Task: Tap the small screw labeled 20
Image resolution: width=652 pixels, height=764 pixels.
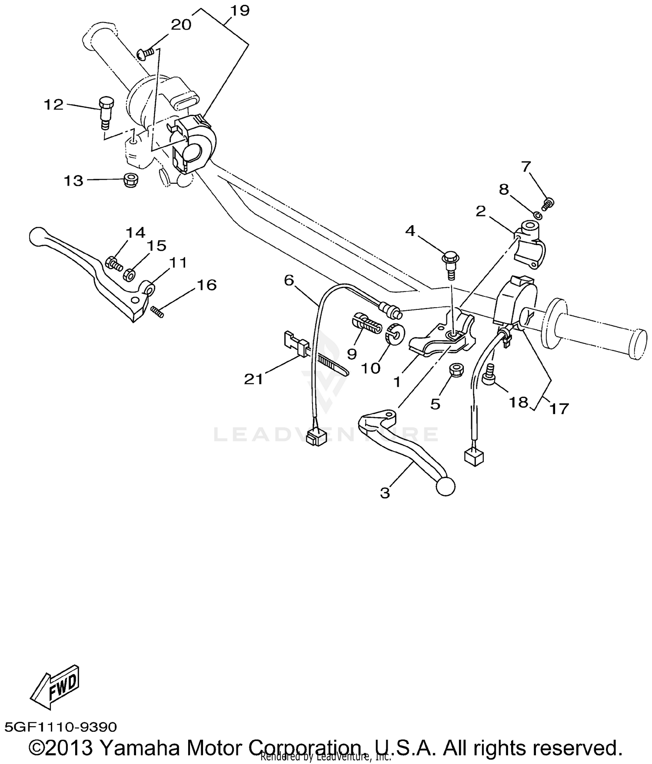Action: [x=146, y=53]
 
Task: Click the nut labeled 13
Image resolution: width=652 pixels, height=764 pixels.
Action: [x=130, y=180]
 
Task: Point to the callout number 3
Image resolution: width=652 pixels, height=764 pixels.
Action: [x=385, y=493]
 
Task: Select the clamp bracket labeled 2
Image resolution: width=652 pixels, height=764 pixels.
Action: [x=529, y=243]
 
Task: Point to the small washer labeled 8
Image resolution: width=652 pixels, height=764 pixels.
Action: [x=537, y=214]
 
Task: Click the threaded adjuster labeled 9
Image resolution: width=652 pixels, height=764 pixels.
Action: [x=366, y=324]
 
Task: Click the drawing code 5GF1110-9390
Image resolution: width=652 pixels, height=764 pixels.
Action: [x=61, y=727]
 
